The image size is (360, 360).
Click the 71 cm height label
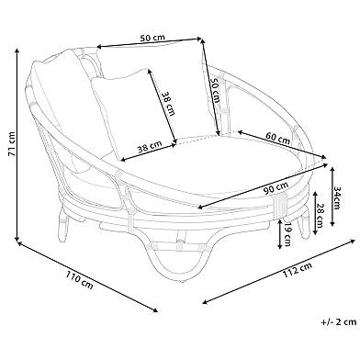tap(11, 144)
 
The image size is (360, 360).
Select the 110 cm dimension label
tap(79, 280)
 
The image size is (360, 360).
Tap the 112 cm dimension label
tap(298, 270)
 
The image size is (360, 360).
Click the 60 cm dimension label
tap(277, 138)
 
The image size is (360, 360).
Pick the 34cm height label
tap(336, 197)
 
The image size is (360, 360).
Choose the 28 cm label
tap(321, 216)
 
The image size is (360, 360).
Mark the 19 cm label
tap(287, 234)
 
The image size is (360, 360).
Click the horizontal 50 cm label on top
tap(152, 38)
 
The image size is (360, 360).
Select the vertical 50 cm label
tap(215, 90)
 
